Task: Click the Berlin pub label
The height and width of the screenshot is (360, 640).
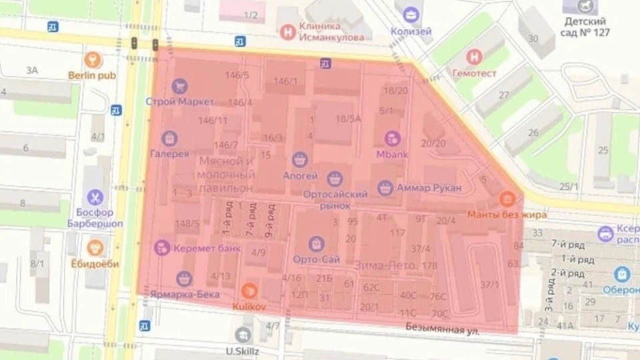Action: coord(91,75)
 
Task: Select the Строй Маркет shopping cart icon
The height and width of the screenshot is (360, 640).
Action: coord(179,86)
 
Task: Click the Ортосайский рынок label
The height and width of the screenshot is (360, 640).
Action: coord(335,199)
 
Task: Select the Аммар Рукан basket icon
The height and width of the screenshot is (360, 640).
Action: coord(385,188)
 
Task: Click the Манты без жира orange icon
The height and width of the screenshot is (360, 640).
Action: coord(507,199)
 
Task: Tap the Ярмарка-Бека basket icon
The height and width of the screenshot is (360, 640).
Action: coord(184,279)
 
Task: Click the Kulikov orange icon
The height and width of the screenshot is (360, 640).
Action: coord(249,290)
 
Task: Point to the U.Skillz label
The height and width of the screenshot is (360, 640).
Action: coord(241,351)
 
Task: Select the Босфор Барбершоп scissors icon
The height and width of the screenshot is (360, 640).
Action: coord(95,197)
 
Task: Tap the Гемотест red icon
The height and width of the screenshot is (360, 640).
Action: coord(474,57)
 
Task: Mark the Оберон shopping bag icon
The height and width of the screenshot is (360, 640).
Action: coord(622,274)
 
